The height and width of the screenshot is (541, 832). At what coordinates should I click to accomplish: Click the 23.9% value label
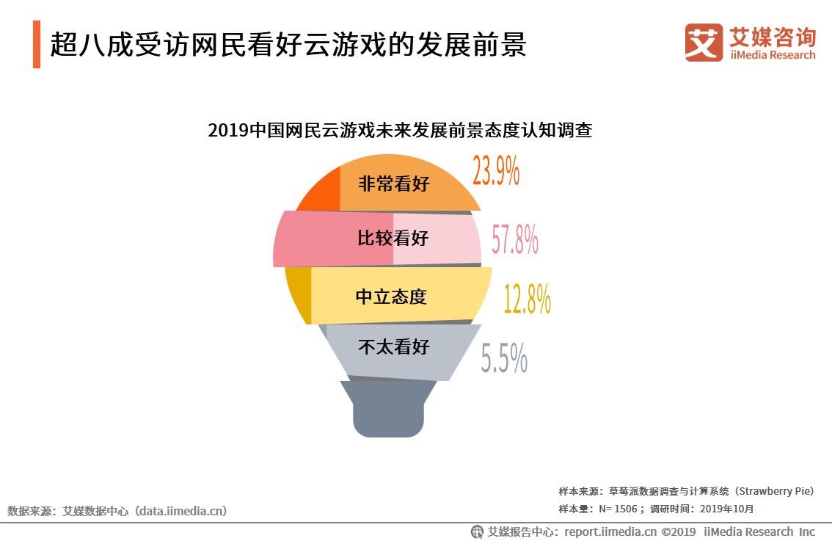tap(496, 171)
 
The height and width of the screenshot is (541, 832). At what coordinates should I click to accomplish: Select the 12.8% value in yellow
tap(527, 299)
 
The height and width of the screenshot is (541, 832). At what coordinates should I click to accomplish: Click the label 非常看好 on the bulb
tap(393, 184)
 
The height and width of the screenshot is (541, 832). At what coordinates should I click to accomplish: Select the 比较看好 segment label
tap(393, 239)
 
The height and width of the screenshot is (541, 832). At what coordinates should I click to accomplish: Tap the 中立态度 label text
tap(391, 297)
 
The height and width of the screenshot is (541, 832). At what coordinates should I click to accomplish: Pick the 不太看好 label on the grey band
tap(393, 346)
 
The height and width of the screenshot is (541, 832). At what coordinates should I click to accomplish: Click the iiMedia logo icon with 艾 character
tap(704, 43)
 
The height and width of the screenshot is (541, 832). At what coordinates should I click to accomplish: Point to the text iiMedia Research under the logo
tap(772, 55)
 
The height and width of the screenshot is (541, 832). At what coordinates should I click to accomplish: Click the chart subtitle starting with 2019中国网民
tap(400, 131)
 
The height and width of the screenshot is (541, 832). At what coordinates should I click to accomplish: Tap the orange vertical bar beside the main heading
tap(37, 45)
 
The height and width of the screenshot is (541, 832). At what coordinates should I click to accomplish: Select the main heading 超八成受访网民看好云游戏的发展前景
tap(288, 45)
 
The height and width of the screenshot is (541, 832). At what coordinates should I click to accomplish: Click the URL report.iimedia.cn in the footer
tap(610, 531)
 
